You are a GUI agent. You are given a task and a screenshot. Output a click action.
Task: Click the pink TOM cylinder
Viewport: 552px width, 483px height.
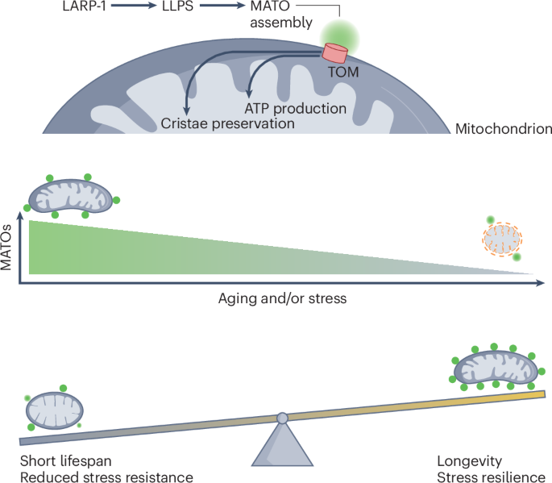[334, 53]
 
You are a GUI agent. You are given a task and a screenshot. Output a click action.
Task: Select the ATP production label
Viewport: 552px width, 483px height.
[295, 108]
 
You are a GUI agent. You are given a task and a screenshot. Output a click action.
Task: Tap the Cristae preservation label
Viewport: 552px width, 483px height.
[227, 123]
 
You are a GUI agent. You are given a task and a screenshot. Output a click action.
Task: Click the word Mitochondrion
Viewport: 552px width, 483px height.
[503, 128]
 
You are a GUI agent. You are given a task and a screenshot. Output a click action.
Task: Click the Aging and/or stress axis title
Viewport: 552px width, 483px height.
[282, 298]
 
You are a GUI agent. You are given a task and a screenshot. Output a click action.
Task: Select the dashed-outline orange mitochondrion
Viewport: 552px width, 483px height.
[502, 239]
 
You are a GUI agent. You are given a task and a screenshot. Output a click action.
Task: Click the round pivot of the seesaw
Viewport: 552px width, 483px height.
[282, 418]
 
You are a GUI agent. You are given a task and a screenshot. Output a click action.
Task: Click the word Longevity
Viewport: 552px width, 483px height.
[470, 461]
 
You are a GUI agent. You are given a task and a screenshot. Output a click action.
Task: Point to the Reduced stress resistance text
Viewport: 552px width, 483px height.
[107, 477]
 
